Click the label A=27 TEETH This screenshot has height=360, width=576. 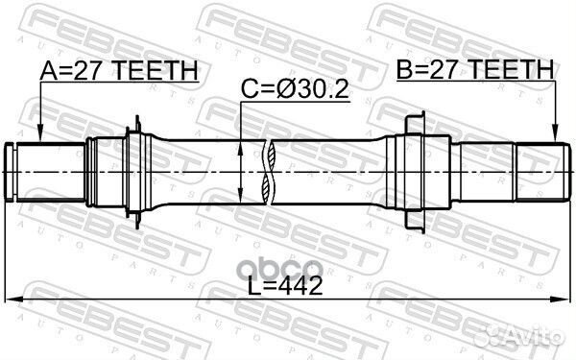(x=119, y=70)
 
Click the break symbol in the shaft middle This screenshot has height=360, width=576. (x=272, y=171)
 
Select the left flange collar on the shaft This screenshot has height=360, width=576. (x=137, y=171)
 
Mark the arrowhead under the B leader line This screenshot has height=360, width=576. (x=555, y=134)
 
